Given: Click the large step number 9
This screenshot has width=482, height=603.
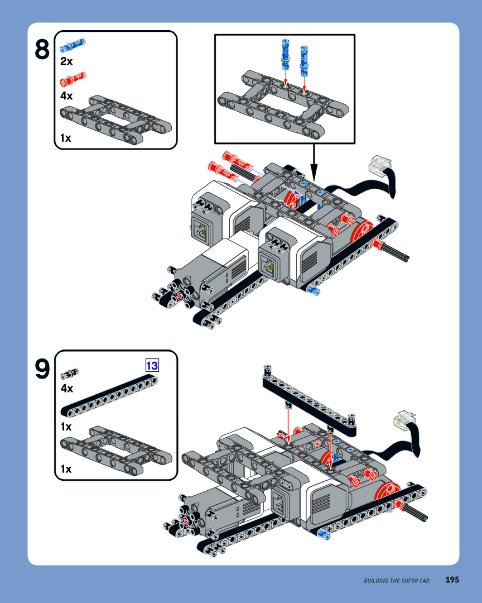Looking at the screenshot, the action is point(42,369).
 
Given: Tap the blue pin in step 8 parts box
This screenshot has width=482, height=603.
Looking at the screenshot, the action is point(73,45).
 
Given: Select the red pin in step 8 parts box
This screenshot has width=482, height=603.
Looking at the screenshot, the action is point(73,79).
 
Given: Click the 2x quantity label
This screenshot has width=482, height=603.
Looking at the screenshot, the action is point(66,61).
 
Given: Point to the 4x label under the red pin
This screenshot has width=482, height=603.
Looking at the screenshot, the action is point(66,95).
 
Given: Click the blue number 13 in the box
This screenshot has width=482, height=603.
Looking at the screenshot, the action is point(152,365).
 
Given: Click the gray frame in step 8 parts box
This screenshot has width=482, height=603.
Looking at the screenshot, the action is point(115,119).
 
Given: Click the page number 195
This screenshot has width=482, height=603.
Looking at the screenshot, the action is point(452,580).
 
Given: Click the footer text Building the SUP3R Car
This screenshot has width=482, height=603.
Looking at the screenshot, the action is point(396,581).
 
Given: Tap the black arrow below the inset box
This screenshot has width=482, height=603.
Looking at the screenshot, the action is point(314,162).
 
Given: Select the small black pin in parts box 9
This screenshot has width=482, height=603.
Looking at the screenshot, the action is point(70,373).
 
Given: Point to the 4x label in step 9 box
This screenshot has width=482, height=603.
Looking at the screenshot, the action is point(67,389).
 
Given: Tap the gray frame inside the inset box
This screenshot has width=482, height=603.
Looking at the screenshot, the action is point(283,104).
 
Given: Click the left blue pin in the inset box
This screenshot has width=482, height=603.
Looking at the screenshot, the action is point(285,54).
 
